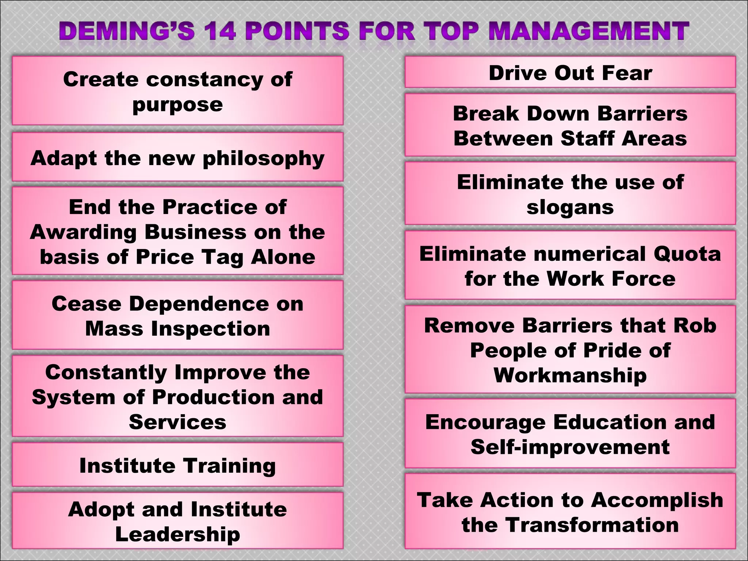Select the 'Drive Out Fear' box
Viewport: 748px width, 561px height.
click(x=570, y=73)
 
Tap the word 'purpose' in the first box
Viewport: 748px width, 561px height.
click(x=178, y=105)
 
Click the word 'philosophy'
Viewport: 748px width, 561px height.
click(x=263, y=159)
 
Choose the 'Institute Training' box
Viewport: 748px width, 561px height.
click(x=178, y=466)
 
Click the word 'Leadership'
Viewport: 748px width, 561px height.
click(x=178, y=534)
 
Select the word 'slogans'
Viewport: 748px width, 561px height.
click(x=570, y=207)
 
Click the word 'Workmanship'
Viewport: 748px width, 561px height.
click(x=570, y=375)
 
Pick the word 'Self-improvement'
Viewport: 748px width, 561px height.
click(x=570, y=447)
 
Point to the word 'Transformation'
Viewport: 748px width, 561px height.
click(x=592, y=525)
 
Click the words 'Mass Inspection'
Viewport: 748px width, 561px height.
click(x=178, y=329)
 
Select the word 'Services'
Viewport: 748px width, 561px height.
click(x=178, y=422)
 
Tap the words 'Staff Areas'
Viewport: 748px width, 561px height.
click(x=623, y=139)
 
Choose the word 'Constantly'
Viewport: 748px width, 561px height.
click(x=106, y=373)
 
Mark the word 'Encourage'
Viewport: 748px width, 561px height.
click(x=485, y=422)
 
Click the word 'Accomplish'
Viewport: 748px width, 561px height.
click(x=657, y=500)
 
